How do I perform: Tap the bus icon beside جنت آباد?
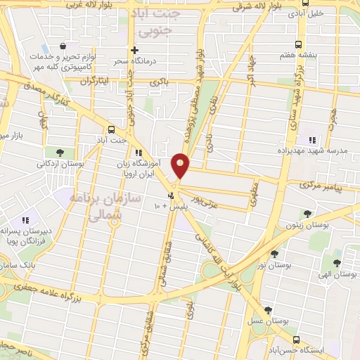(111, 129)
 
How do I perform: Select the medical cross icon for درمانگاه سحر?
(134, 50)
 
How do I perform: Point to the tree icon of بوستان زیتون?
(307, 214)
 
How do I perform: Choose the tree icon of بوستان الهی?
(337, 263)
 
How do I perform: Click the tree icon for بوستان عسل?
(268, 310)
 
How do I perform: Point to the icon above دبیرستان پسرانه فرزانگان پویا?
(26, 220)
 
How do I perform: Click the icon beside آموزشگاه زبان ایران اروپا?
(139, 152)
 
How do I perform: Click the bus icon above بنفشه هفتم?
(302, 42)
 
